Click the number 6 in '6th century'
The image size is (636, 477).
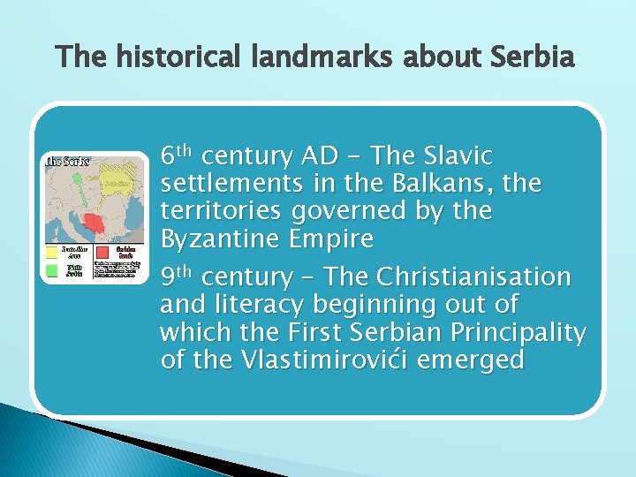pyautogui.click(x=167, y=156)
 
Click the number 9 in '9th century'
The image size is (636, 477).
pyautogui.click(x=167, y=277)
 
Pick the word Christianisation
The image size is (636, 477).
pyautogui.click(x=473, y=277)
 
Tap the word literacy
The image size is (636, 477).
pyautogui.click(x=255, y=305)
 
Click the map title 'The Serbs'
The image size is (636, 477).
pyautogui.click(x=67, y=161)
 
